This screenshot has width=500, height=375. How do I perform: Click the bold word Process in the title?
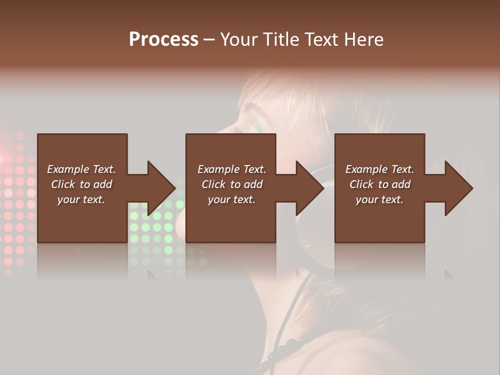pos(164,40)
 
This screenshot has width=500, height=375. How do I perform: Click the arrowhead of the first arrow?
pos(161,188)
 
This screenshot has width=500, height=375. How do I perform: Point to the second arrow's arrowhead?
pos(310,188)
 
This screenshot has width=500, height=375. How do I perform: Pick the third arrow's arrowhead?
pos(459,188)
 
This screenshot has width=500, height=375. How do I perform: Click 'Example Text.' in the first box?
pos(81,169)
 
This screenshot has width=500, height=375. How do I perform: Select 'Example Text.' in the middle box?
pos(232,169)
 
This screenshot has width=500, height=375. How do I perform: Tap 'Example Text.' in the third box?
pos(380,169)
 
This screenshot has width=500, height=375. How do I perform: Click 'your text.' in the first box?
pos(81,199)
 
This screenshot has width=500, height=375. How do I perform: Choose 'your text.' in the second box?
pos(232,199)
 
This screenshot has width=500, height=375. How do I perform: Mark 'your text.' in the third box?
pos(380,199)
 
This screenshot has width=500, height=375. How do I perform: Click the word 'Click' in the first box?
pos(63,184)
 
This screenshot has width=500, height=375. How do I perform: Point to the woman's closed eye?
pos(254,110)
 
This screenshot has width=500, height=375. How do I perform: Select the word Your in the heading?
pos(239,40)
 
